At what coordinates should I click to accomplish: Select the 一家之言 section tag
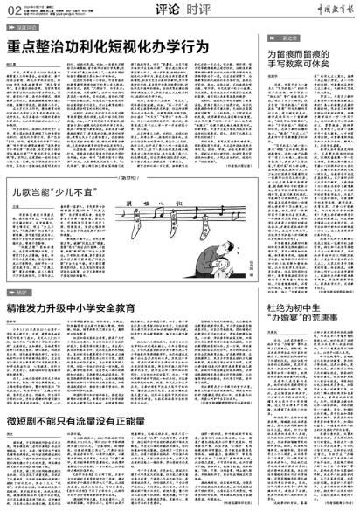pos(285,40)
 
